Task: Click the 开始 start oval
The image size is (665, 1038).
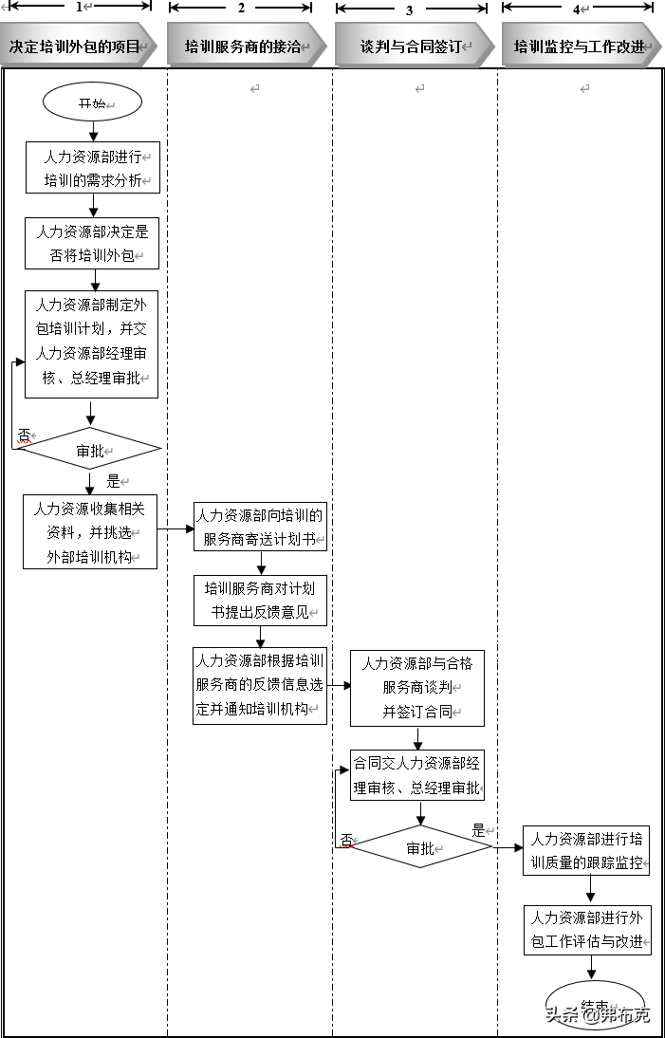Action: [x=92, y=102]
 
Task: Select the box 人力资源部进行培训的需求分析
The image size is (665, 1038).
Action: [x=92, y=168]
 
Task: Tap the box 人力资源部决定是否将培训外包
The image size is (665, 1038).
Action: [x=92, y=243]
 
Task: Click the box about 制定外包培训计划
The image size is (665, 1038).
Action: [x=91, y=343]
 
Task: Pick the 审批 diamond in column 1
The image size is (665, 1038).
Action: [x=90, y=451]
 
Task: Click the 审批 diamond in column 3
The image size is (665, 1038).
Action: [x=419, y=847]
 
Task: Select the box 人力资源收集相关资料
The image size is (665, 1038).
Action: [x=90, y=531]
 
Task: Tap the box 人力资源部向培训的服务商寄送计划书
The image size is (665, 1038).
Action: [x=260, y=528]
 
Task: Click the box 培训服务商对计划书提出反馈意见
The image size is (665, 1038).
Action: [x=260, y=601]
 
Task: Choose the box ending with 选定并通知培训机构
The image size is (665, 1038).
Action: [x=260, y=685]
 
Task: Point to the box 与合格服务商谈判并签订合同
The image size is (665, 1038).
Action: [x=417, y=688]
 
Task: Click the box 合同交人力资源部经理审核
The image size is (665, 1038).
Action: [x=417, y=774]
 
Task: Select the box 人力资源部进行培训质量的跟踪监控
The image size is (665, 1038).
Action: [x=586, y=850]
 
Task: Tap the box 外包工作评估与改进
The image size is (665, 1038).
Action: [x=587, y=930]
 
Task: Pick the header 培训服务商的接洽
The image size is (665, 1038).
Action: [x=243, y=46]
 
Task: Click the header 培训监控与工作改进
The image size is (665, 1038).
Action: [x=580, y=46]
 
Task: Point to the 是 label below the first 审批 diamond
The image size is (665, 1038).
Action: [x=113, y=481]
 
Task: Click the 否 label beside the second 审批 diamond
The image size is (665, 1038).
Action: [x=346, y=840]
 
